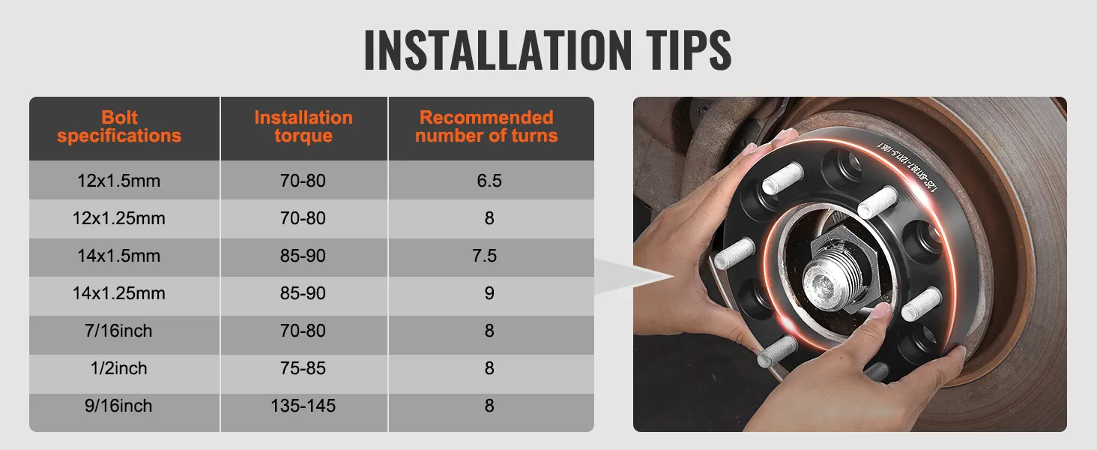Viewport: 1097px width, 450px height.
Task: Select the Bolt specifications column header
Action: [x=119, y=127]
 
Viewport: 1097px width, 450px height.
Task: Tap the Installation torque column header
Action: [x=303, y=127]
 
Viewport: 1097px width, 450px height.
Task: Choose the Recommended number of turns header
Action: [x=486, y=127]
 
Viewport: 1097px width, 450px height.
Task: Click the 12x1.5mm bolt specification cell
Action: [x=119, y=181]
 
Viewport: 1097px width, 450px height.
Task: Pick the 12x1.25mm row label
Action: [x=119, y=218]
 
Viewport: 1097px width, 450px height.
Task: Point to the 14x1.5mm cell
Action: [x=119, y=256]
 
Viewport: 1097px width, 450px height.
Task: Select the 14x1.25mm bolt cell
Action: [x=119, y=293]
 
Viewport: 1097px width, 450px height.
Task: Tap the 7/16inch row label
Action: [x=119, y=331]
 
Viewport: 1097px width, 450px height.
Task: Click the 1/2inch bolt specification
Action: [x=119, y=368]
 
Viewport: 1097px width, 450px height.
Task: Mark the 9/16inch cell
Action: [x=119, y=406]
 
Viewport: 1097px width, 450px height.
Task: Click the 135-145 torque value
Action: [x=303, y=406]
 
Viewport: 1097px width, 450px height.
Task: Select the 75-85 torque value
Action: [x=303, y=368]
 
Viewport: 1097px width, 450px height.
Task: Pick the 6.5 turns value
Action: [x=489, y=181]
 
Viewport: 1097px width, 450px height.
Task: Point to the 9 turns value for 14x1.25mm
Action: [x=489, y=293]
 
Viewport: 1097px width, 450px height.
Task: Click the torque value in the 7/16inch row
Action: [x=303, y=331]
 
